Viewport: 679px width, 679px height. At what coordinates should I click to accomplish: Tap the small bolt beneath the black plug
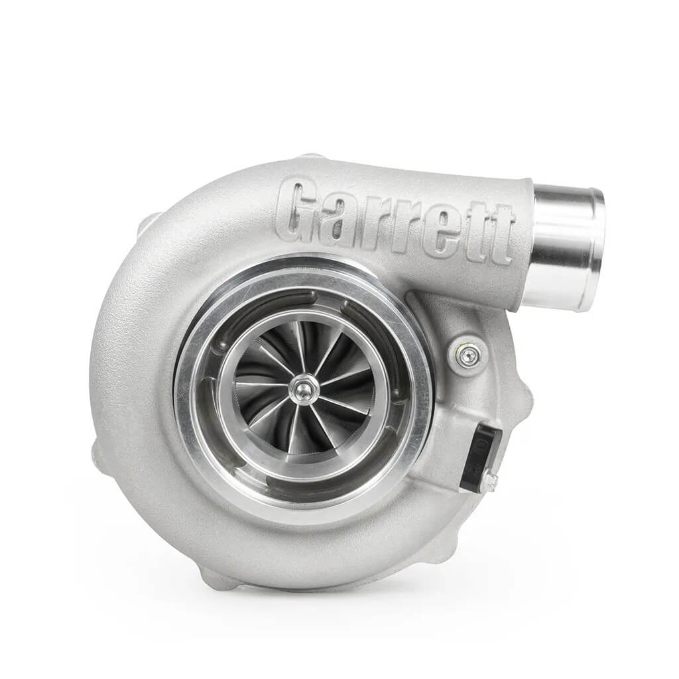point(489,482)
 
